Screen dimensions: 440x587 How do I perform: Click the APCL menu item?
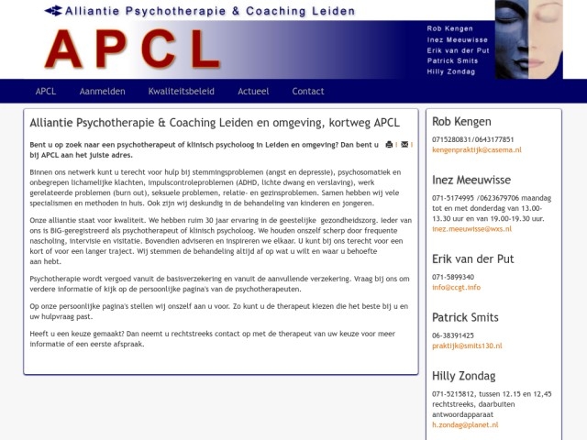46,92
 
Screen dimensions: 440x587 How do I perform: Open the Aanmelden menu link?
102,92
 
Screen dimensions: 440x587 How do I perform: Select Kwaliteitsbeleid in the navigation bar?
182,92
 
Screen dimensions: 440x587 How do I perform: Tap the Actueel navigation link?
253,92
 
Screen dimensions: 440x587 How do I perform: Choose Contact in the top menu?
308,92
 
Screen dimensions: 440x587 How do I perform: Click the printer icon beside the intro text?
389,145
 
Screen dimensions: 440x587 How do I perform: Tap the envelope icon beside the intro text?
404,145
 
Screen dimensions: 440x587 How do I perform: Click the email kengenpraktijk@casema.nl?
476,149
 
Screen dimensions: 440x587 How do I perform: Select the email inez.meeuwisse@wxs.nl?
475,229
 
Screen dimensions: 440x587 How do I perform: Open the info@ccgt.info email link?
456,287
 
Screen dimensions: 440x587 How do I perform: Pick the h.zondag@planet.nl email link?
465,425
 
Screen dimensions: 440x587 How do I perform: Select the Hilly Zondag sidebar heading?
463,376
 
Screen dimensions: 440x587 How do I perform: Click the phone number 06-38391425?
453,335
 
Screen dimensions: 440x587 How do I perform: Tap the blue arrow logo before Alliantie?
53,11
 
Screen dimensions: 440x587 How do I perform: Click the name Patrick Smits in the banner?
452,60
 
